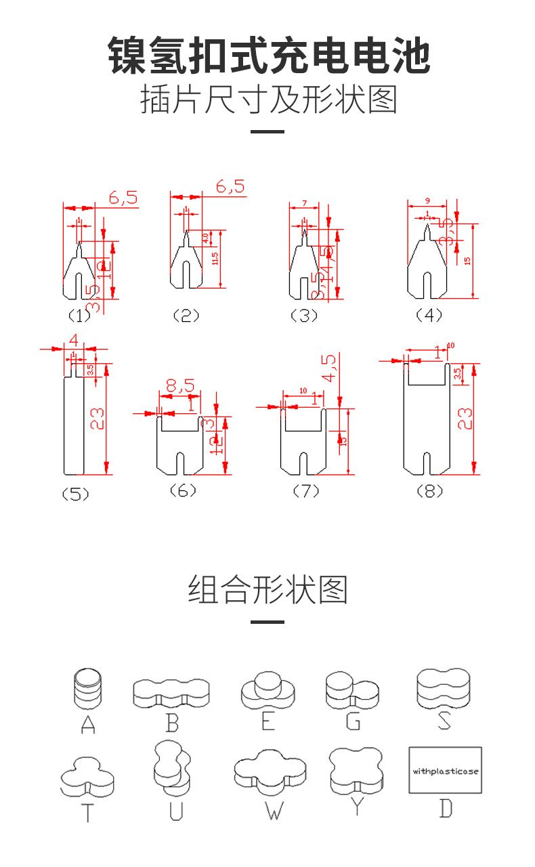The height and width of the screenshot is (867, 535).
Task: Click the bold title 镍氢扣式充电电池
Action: coord(268,57)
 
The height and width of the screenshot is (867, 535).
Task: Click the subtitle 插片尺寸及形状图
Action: coord(268,100)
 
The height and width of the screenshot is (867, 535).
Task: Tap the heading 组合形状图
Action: coord(267,589)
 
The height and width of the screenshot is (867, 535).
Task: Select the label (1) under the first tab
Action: coord(79,315)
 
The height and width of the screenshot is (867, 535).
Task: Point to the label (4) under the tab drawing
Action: coord(429,315)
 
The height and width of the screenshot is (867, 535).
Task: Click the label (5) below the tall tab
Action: coord(75,494)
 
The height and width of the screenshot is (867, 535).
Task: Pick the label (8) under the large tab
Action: coord(429,491)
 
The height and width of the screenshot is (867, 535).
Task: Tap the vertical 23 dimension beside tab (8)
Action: coord(465,419)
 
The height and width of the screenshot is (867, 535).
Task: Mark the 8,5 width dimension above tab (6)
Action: coord(179,386)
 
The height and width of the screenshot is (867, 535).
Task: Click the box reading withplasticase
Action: coord(445,771)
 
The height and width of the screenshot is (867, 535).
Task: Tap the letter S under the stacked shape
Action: coord(444,719)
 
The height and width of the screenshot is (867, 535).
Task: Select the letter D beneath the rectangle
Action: coord(445,809)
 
